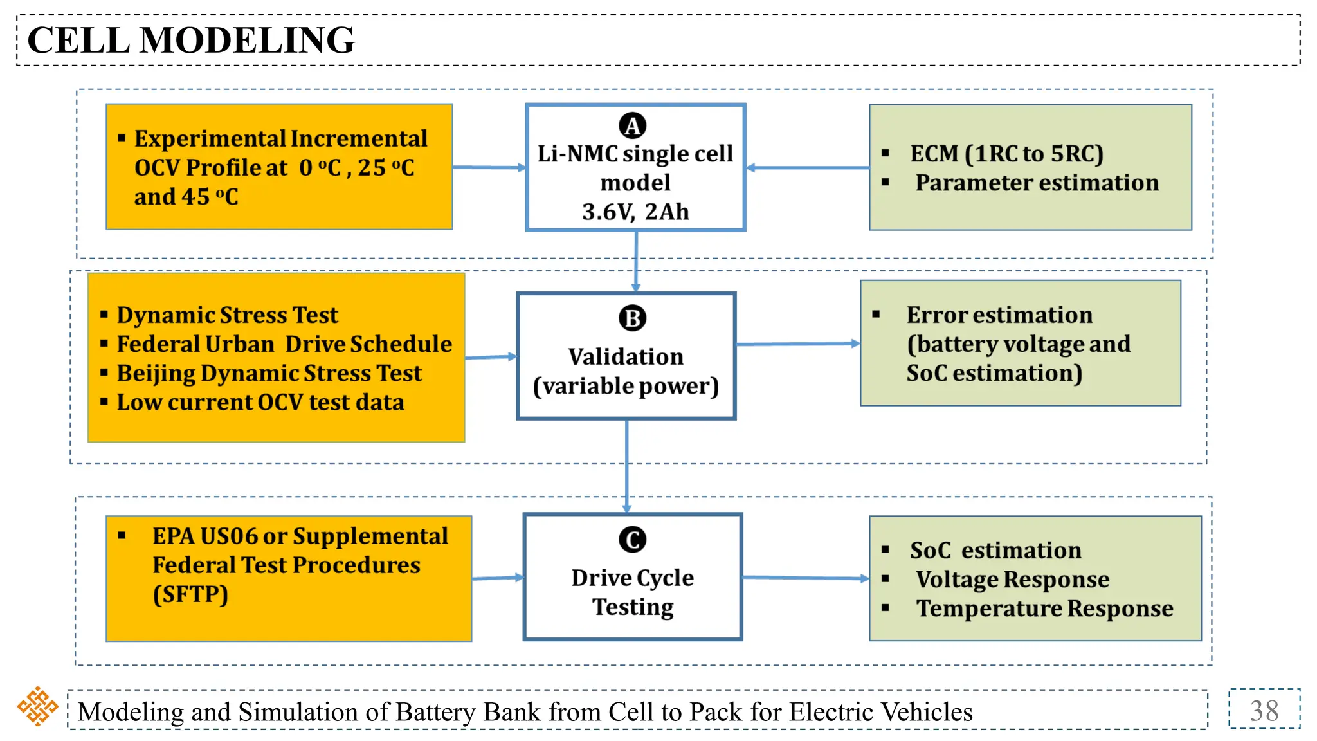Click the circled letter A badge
[632, 126]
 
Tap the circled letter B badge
[632, 318]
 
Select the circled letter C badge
[632, 540]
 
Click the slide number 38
[1264, 711]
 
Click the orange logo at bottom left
[37, 706]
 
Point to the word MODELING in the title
[247, 41]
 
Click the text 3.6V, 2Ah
[635, 212]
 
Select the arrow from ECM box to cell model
[807, 168]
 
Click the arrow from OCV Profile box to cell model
[489, 167]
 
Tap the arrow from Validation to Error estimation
[797, 344]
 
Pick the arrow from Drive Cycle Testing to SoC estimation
[805, 578]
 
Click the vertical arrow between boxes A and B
[636, 261]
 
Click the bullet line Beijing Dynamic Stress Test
[269, 373]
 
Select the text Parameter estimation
[1037, 183]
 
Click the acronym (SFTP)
[190, 594]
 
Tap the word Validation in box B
[626, 357]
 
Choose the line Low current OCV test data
[260, 403]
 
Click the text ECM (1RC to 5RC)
[1006, 154]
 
